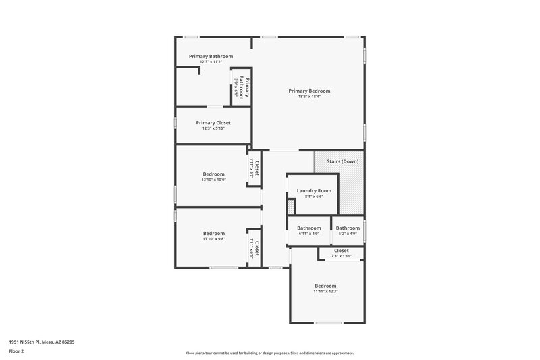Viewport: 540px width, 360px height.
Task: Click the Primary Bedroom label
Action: coord(309,91)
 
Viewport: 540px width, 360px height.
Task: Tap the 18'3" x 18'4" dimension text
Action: coord(309,97)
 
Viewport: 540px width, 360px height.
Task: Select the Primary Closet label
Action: coord(213,123)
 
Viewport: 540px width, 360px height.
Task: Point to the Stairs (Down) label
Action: coord(342,161)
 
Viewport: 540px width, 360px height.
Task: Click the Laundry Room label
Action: coord(314,191)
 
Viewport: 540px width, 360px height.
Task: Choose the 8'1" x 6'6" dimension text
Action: coord(314,197)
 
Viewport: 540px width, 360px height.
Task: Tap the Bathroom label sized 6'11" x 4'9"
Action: coord(309,228)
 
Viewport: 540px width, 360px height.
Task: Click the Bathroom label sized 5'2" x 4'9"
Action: coord(348,228)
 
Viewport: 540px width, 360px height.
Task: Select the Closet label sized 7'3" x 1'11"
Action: coord(342,250)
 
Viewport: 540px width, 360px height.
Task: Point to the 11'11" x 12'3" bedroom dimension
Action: coord(325,292)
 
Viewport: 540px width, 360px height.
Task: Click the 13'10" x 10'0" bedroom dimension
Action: coord(213,180)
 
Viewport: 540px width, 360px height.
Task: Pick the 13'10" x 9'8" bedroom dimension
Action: coord(213,239)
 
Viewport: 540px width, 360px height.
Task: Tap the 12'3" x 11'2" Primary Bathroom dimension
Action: coord(211,62)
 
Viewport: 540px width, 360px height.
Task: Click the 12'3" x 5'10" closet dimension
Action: coord(213,128)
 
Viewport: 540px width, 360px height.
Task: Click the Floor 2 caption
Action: coord(16,351)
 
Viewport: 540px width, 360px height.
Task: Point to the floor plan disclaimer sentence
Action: coord(270,353)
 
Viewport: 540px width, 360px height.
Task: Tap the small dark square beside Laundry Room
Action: coord(291,206)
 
